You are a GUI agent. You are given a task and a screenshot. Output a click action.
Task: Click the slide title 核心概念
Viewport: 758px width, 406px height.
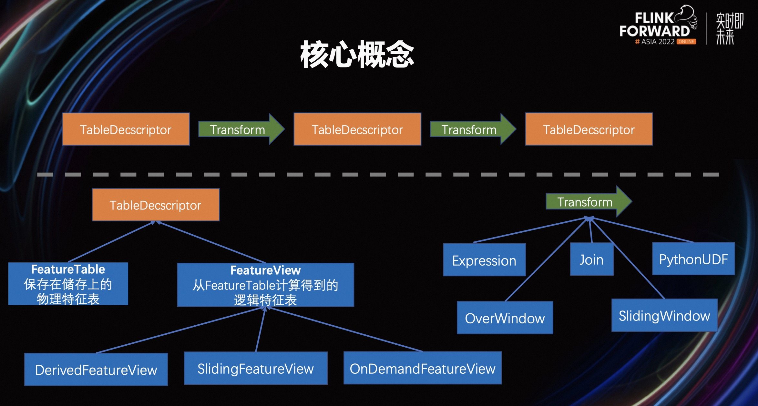pyautogui.click(x=357, y=54)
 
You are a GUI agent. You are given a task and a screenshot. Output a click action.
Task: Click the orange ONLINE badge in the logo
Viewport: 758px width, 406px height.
pyautogui.click(x=686, y=42)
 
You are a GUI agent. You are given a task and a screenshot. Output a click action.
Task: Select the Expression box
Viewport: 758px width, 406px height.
pyautogui.click(x=484, y=260)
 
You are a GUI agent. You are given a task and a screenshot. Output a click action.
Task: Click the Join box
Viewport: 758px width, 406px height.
pyautogui.click(x=591, y=259)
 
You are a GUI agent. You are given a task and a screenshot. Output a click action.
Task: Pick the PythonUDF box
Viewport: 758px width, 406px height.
pyautogui.click(x=693, y=259)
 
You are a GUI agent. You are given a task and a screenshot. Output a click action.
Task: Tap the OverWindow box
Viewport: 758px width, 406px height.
pyautogui.click(x=505, y=318)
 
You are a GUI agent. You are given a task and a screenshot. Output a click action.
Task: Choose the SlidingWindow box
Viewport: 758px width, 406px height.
pyautogui.click(x=664, y=315)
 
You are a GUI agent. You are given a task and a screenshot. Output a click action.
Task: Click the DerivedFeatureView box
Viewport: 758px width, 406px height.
pyautogui.click(x=96, y=370)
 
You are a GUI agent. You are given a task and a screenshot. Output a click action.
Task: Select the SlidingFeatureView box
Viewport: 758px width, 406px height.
pyautogui.click(x=255, y=368)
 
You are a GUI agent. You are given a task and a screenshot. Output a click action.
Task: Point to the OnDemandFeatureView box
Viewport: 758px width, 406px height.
pyautogui.click(x=422, y=368)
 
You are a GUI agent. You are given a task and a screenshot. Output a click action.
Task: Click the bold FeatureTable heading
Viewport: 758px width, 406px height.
pyautogui.click(x=68, y=269)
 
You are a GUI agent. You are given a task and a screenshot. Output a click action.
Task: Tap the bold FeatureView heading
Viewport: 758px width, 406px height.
pyautogui.click(x=265, y=270)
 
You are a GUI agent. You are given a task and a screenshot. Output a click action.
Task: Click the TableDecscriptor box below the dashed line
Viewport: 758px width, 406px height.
pyautogui.click(x=155, y=205)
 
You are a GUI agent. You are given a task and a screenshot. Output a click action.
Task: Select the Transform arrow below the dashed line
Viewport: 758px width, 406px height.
pyautogui.click(x=585, y=202)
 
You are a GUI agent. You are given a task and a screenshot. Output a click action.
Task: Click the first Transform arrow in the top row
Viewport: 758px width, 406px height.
pyautogui.click(x=238, y=129)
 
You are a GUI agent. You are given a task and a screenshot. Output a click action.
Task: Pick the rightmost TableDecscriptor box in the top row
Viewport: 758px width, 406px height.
pyautogui.click(x=589, y=129)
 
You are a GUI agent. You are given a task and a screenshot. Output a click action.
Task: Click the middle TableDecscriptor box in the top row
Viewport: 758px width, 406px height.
pyautogui.click(x=357, y=129)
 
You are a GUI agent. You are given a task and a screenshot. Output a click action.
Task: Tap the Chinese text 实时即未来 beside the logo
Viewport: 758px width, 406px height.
pyautogui.click(x=729, y=28)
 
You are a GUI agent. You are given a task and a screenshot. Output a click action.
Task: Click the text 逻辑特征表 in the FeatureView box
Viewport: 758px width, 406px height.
pyautogui.click(x=265, y=300)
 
